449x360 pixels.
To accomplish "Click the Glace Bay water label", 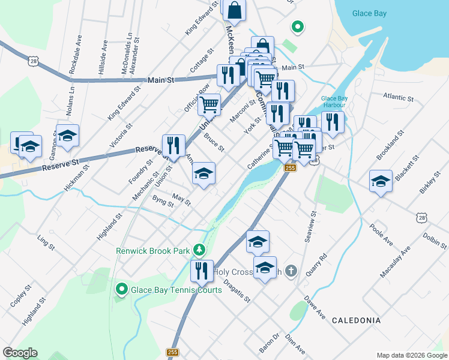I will tap(369, 13).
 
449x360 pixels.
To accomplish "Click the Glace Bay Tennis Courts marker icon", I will tap(121, 290).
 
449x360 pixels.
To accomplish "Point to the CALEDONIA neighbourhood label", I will tap(356, 320).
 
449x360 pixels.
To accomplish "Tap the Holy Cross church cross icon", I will tap(291, 271).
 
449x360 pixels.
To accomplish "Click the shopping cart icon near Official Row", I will tap(209, 104).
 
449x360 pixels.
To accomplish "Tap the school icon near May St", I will tap(203, 174).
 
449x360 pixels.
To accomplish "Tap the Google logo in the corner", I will tap(20, 353).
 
